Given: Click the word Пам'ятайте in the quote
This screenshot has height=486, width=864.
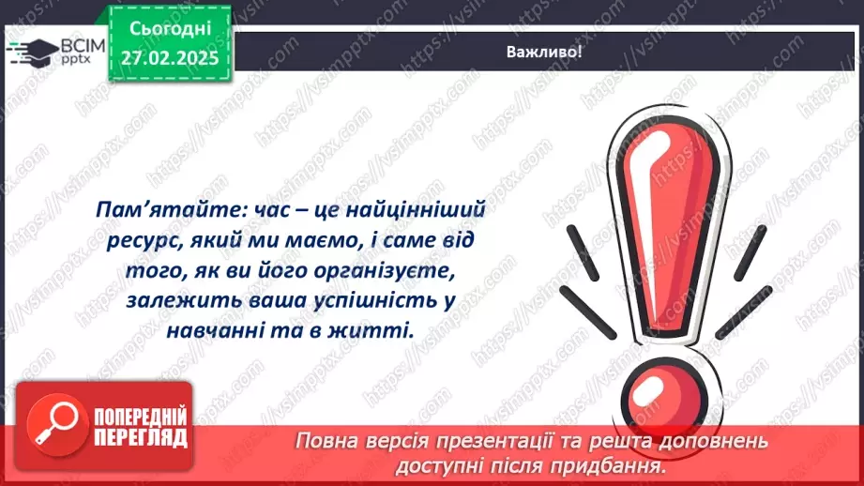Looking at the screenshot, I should point(158,211).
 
